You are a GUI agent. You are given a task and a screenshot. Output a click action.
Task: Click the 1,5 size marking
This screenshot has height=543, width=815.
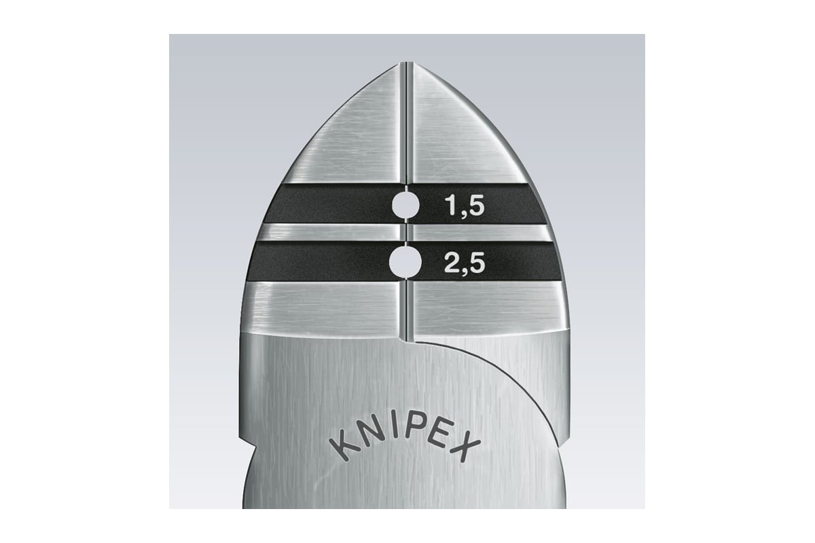pyautogui.click(x=465, y=206)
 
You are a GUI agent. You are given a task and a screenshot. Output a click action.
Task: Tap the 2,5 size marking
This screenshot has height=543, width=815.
pyautogui.click(x=465, y=263)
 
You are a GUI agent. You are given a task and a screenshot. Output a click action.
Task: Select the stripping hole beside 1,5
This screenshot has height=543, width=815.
pyautogui.click(x=405, y=206)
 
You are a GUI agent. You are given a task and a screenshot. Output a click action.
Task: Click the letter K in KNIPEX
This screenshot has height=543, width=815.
pyautogui.click(x=344, y=449)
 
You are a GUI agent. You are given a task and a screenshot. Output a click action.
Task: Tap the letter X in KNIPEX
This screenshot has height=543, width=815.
pyautogui.click(x=467, y=449)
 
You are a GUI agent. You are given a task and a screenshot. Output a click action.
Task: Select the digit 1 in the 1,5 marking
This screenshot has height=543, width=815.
pyautogui.click(x=451, y=206)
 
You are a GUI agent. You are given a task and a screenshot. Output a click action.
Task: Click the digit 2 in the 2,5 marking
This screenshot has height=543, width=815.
pyautogui.click(x=452, y=263)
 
